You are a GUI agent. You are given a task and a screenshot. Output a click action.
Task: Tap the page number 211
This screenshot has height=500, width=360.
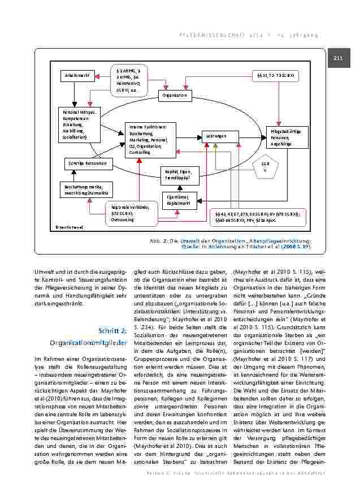tap(339, 58)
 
